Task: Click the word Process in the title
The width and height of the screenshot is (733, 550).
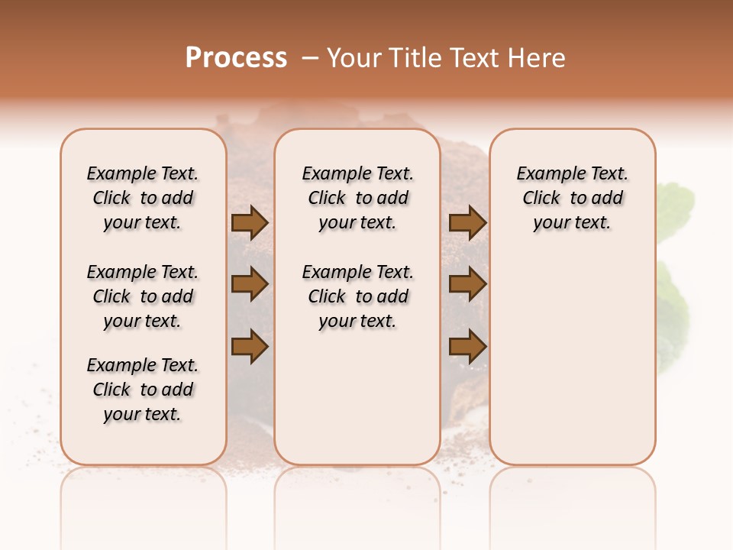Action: tap(236, 58)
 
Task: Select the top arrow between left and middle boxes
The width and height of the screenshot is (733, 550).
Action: tap(250, 223)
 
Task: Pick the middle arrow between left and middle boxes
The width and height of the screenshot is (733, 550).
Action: tap(250, 284)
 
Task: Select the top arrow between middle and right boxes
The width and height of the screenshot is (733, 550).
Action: tap(467, 223)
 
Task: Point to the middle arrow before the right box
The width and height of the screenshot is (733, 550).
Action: tap(467, 284)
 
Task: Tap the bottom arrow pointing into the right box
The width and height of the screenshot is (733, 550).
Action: tap(467, 347)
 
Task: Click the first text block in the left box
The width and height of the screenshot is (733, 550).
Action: tap(143, 198)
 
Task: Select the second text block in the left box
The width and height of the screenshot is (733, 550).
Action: tap(143, 296)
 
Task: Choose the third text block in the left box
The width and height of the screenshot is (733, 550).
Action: tap(143, 390)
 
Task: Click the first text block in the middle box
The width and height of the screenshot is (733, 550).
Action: tap(357, 198)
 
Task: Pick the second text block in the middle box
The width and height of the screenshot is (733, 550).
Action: tap(357, 296)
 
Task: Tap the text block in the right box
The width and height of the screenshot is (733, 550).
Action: tap(573, 198)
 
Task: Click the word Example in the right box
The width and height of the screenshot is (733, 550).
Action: tap(547, 173)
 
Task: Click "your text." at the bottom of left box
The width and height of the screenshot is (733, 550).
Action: tap(143, 414)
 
